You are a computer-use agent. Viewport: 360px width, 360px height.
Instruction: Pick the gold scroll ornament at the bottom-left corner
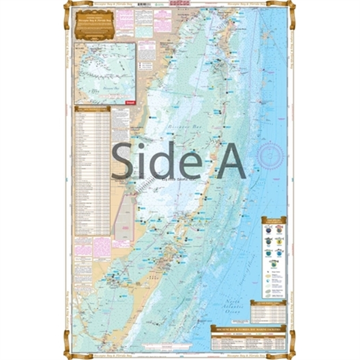(69, 352)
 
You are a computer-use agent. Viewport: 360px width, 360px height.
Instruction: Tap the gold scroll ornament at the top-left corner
(69, 7)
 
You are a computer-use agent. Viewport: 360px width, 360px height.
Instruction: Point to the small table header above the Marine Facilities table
(267, 302)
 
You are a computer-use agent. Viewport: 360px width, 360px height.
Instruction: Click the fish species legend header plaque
(273, 219)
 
